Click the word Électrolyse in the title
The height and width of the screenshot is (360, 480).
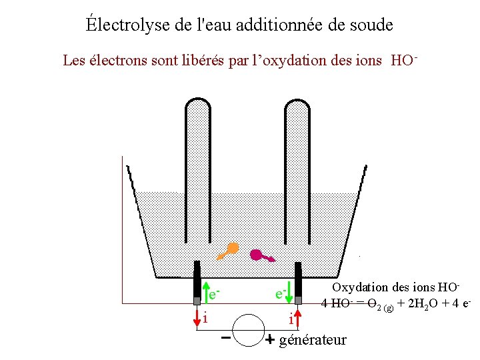point(117,25)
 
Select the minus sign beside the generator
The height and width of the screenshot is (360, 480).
point(226,338)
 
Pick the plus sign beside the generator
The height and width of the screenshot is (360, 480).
point(270,340)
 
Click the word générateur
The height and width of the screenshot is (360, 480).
point(313,340)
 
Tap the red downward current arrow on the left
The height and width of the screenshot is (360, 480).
point(197,317)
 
